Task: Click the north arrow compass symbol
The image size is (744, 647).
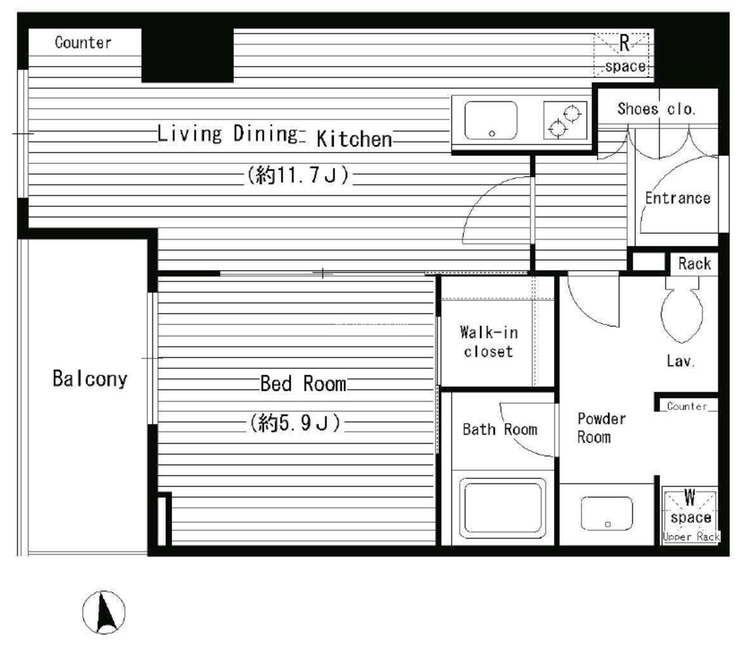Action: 104,612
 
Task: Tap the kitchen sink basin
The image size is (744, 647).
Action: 491,120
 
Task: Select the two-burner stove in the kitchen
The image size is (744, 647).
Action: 565,120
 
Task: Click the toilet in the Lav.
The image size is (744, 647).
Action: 682,310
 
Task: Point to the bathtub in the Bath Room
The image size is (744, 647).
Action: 503,508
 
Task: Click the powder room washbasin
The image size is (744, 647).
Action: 607,513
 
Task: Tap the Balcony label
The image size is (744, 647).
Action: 90,379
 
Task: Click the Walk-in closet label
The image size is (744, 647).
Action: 489,342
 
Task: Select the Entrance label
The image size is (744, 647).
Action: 678,198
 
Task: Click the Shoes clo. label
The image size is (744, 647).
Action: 656,109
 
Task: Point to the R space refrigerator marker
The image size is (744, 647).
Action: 624,54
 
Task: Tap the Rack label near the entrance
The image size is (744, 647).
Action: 694,264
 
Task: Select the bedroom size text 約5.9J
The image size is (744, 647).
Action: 295,422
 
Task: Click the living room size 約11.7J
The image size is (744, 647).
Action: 297,175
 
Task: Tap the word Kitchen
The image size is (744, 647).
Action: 354,139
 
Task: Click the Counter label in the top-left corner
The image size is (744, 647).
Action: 83,43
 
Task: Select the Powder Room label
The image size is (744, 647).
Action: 601,428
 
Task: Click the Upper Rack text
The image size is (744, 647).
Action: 691,537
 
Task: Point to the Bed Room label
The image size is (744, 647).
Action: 303,384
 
